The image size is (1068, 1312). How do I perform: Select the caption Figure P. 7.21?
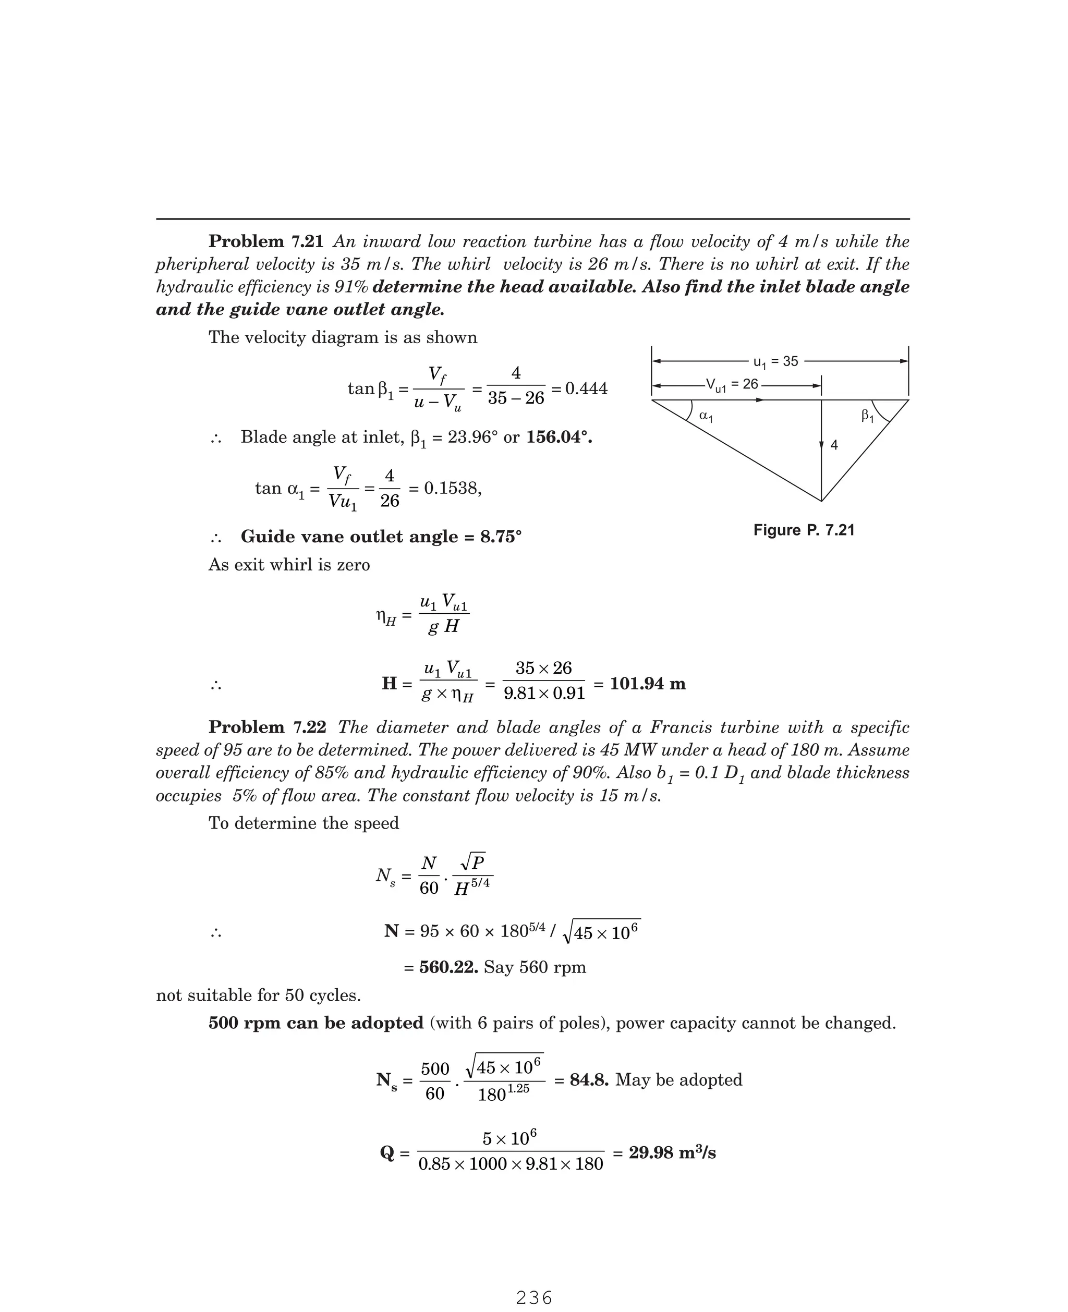(804, 530)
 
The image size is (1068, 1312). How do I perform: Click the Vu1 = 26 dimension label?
(732, 385)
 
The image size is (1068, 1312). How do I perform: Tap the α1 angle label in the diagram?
(706, 417)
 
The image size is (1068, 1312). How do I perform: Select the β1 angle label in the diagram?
(867, 417)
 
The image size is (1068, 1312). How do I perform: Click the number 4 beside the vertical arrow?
(834, 445)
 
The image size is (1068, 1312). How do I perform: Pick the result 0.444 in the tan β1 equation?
(586, 388)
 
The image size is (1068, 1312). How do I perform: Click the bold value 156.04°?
(559, 438)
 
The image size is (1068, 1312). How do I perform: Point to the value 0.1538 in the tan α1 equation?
(451, 489)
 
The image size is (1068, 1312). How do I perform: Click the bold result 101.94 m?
(647, 684)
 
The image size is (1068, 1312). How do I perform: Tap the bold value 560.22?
(448, 967)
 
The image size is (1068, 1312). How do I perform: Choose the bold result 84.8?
(589, 1079)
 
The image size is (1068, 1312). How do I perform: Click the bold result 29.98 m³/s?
(672, 1152)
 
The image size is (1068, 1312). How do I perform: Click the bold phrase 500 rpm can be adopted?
(315, 1023)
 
